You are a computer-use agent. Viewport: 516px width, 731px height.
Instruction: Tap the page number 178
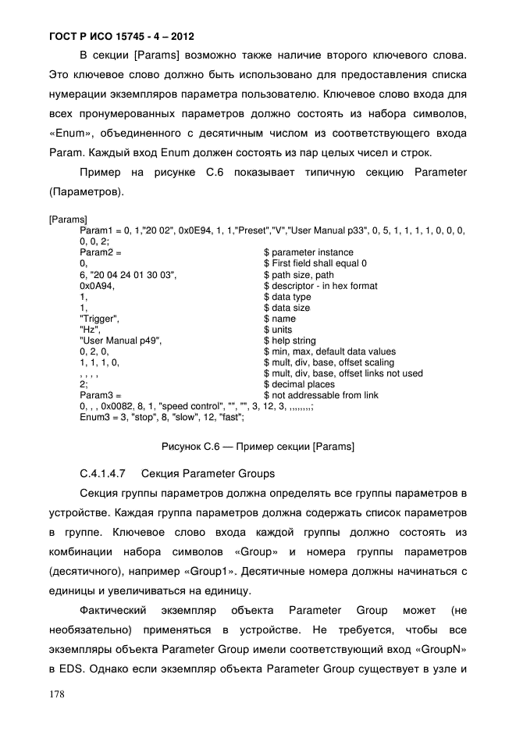[x=57, y=694]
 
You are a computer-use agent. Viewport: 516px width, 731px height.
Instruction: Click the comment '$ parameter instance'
[x=308, y=253]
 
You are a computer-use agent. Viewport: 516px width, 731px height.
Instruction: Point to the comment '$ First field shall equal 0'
[x=315, y=264]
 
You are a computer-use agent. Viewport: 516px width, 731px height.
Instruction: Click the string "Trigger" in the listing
[x=99, y=319]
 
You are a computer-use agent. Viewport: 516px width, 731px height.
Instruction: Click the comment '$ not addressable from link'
[x=321, y=395]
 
